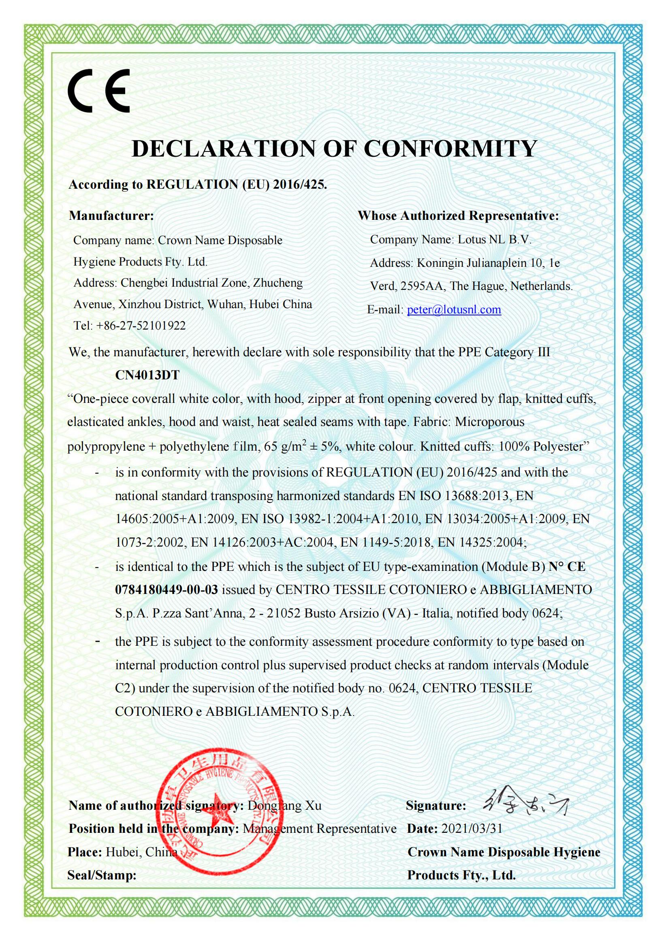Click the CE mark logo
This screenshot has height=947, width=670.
98,91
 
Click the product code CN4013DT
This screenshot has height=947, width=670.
147,375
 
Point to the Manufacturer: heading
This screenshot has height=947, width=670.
111,215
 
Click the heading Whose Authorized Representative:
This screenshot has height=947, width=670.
458,215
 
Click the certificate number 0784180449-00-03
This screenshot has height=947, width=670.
166,590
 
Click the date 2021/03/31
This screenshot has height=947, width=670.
472,829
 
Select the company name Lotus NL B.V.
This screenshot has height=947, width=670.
494,239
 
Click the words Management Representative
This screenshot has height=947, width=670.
320,829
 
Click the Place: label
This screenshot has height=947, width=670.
85,852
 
